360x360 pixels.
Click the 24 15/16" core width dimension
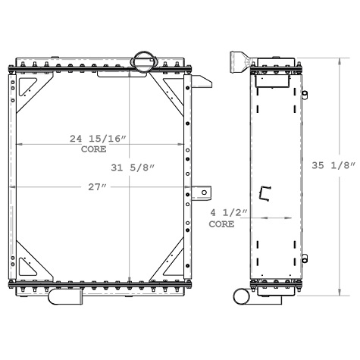[98, 138]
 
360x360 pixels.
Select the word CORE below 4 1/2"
[221, 224]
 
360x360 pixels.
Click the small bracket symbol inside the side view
[265, 194]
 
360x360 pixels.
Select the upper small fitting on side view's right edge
[304, 95]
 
